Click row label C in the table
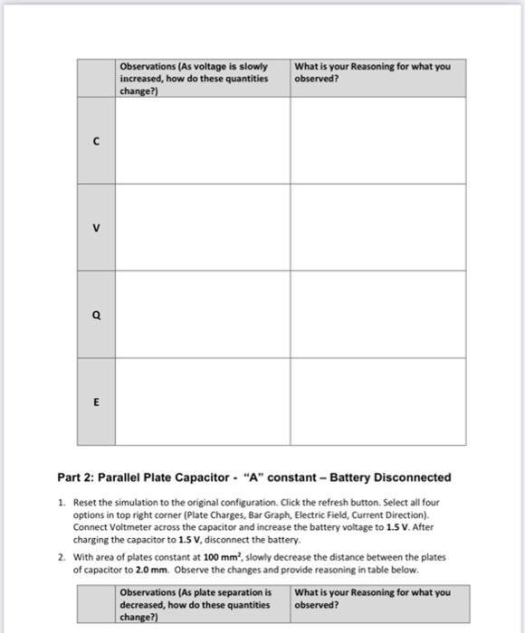pyautogui.click(x=95, y=141)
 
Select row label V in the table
pyautogui.click(x=95, y=228)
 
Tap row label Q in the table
pyautogui.click(x=95, y=316)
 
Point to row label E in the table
pyautogui.click(x=95, y=402)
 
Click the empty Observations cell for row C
pyautogui.click(x=202, y=141)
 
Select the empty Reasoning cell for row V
pyautogui.click(x=377, y=228)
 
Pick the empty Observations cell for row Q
pyautogui.click(x=202, y=316)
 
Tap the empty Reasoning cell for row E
pyautogui.click(x=377, y=402)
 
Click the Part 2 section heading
pyautogui.click(x=253, y=477)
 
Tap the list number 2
pyautogui.click(x=61, y=557)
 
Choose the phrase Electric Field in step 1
pyautogui.click(x=322, y=512)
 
